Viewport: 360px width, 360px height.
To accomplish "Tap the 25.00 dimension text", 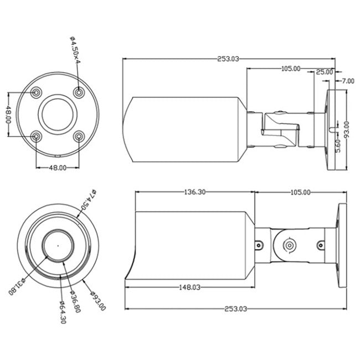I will point(325,72).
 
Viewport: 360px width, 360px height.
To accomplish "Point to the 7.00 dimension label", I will point(347,81).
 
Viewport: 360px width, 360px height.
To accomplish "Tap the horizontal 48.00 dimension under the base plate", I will point(57,167).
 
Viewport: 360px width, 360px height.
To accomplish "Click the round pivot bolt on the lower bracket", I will point(289,245).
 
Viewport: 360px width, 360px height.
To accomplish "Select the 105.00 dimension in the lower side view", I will point(300,192).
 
